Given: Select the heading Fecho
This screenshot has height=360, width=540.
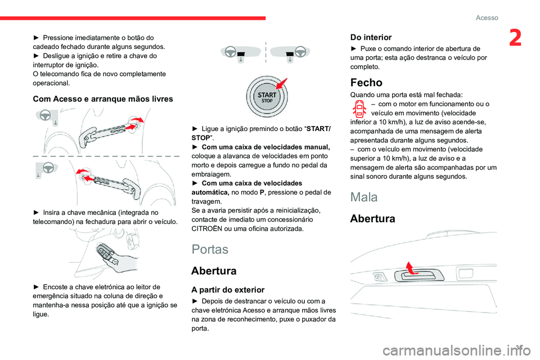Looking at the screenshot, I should [x=366, y=82].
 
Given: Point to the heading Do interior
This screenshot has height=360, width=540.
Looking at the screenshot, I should [x=371, y=37].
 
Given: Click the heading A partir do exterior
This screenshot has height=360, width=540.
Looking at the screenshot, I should [x=228, y=290].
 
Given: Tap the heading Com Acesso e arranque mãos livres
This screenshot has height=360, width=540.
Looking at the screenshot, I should [x=103, y=98].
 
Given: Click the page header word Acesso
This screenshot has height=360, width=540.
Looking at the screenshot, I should [x=487, y=17].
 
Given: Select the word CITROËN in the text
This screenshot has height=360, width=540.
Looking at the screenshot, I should [x=210, y=229].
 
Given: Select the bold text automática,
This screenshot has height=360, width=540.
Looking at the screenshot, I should [x=212, y=192].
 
